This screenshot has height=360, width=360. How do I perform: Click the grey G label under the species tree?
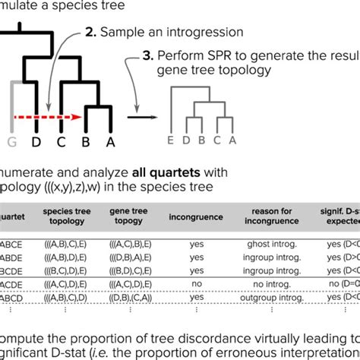10,141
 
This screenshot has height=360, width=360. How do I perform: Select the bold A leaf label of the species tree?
111,141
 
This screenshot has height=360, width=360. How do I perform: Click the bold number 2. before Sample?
90,32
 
